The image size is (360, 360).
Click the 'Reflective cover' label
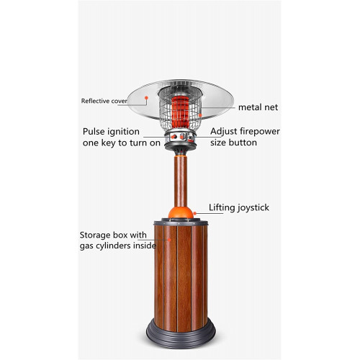104,101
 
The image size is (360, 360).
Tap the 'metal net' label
258,107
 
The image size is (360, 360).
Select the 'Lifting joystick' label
239,207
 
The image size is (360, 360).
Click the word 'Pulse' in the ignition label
94,132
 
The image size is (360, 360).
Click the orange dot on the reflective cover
146,98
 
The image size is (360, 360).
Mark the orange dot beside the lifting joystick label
195,213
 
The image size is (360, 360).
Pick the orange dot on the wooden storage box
169,240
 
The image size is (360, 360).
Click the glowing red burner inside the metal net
180,112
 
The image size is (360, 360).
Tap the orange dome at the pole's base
181,212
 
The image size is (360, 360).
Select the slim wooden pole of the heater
181,181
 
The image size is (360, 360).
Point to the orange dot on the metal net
200,115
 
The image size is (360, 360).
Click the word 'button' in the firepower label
243,143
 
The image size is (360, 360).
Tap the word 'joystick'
253,208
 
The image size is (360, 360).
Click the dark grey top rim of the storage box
181,222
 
